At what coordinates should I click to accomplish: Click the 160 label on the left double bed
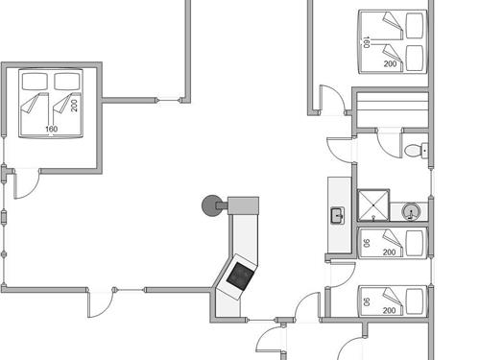pos(50,129)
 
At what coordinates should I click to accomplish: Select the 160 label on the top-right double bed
pos(366,41)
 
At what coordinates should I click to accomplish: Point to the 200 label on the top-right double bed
pos(390,63)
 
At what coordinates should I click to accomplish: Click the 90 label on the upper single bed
pos(366,242)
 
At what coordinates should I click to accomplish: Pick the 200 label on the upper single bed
pos(390,252)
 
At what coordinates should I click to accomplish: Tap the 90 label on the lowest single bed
pos(366,300)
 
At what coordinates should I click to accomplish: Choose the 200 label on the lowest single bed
pos(390,310)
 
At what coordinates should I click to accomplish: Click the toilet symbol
pos(414,150)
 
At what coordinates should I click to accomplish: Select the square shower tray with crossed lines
pos(372,204)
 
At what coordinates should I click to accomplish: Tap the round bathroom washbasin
pos(410,211)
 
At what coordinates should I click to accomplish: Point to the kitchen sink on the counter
pos(338,214)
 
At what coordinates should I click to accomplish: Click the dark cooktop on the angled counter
pos(238,277)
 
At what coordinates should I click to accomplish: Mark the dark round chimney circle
pos(210,204)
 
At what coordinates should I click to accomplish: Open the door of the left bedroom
pos(27,182)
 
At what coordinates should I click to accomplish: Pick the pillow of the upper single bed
pos(415,243)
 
